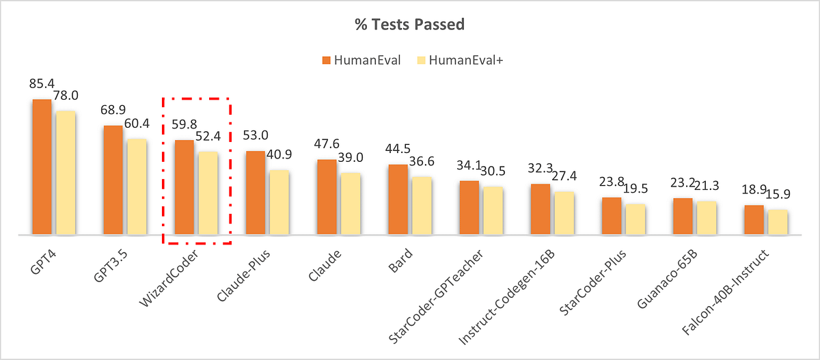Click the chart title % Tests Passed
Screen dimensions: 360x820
(x=409, y=26)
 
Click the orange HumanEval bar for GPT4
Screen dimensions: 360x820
(x=42, y=167)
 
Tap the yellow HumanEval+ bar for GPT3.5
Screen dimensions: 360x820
(x=137, y=186)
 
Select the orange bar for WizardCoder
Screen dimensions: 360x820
(x=184, y=187)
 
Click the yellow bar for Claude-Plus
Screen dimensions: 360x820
(x=279, y=202)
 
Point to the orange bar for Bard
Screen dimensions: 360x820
(x=398, y=199)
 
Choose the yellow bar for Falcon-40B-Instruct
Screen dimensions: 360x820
(x=777, y=222)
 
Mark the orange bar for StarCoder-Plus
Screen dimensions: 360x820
(x=611, y=216)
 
